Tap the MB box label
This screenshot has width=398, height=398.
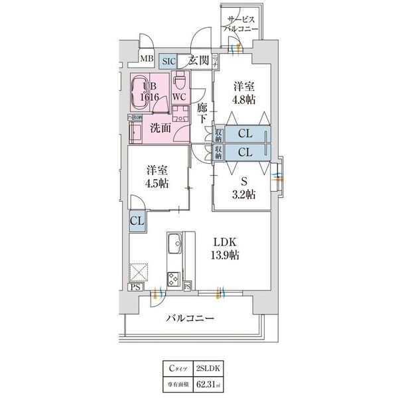pos(145,60)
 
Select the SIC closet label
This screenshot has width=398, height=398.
pos(170,60)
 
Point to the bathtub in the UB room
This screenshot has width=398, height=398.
pos(141,92)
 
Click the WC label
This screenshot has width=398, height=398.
pos(179,96)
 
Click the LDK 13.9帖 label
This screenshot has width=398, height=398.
pos(226,249)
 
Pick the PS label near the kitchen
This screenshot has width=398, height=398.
pos(135,287)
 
